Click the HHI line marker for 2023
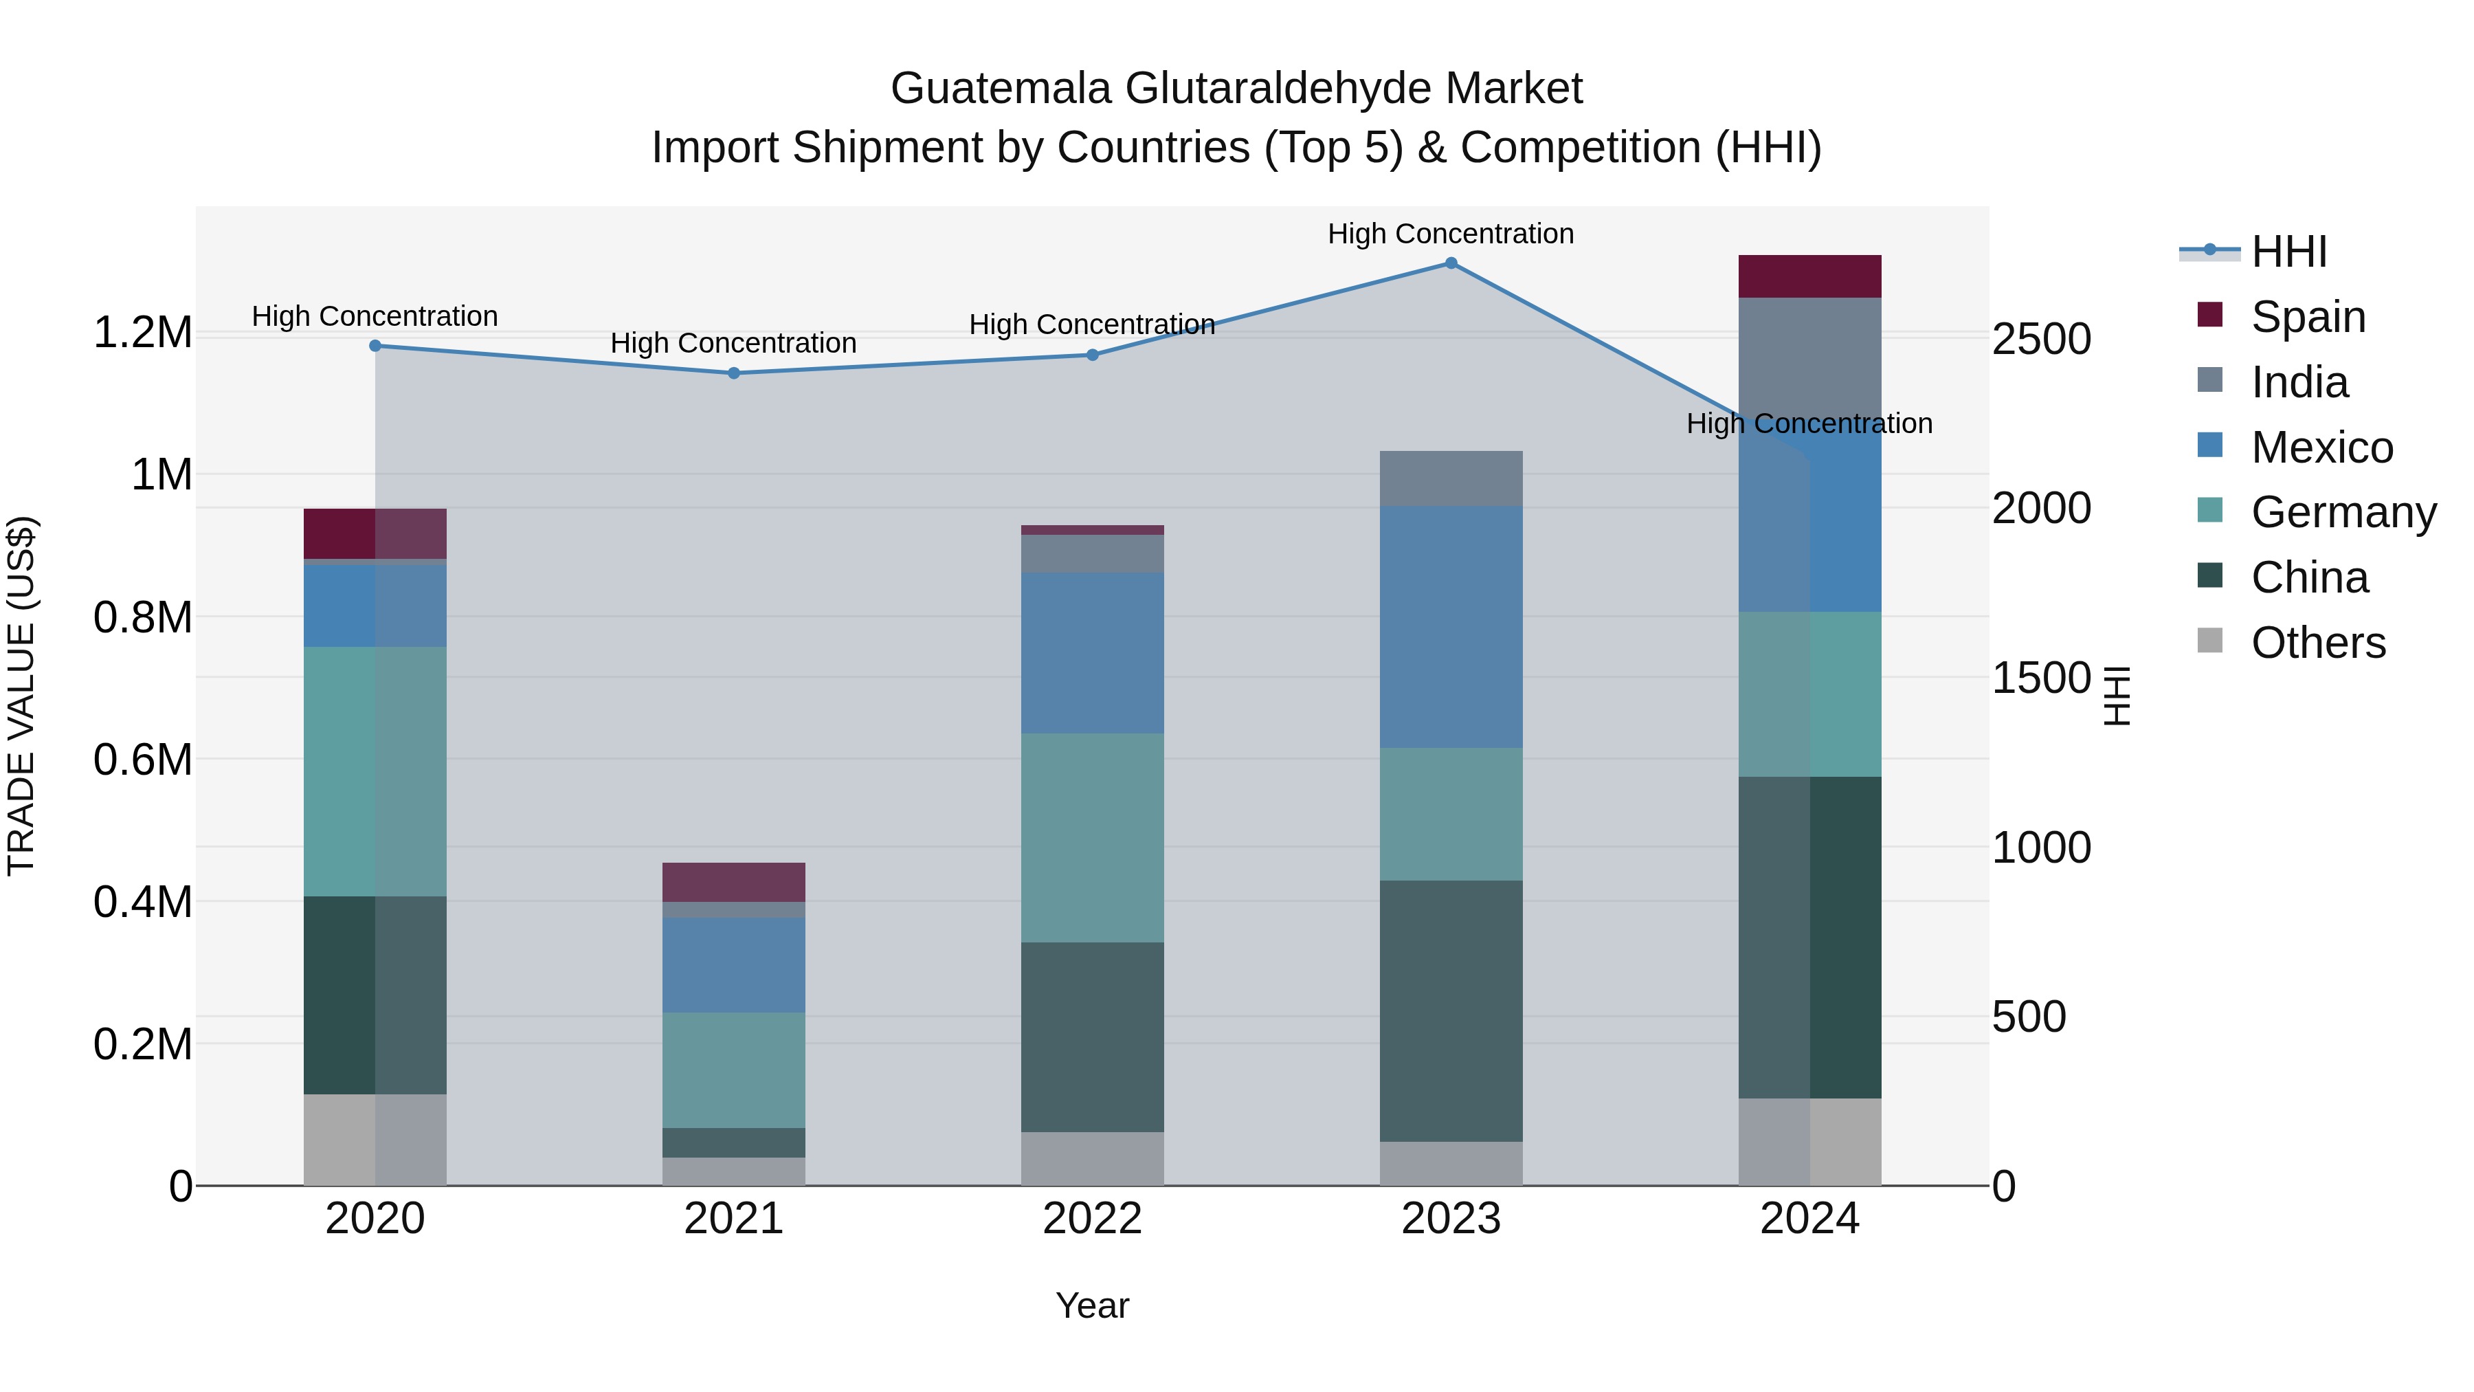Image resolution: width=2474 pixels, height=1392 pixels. [1450, 263]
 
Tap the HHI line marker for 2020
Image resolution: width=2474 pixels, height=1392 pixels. [375, 346]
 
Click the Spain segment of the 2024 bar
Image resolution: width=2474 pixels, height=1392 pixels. [1809, 276]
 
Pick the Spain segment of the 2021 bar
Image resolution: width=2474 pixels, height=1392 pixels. [734, 882]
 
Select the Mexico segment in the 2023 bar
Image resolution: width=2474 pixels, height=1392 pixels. [1450, 626]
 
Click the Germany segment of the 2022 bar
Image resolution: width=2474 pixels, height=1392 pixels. [1092, 838]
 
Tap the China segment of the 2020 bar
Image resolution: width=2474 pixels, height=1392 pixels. [375, 995]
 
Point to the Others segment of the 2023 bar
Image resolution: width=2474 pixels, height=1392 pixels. [1450, 1162]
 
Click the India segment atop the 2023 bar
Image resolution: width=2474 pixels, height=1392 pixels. [1450, 478]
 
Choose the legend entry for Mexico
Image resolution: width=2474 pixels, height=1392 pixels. [2321, 448]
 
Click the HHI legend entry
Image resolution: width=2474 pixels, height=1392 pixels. [2288, 252]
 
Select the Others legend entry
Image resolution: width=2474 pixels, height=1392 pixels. [2317, 643]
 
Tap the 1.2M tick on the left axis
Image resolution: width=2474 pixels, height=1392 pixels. [142, 333]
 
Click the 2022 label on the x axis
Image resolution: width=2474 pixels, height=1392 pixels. [1092, 1219]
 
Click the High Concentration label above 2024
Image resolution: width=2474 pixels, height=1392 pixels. [1809, 423]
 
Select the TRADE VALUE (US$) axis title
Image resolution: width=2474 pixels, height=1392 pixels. [21, 696]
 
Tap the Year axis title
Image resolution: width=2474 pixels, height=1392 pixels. [1092, 1305]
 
